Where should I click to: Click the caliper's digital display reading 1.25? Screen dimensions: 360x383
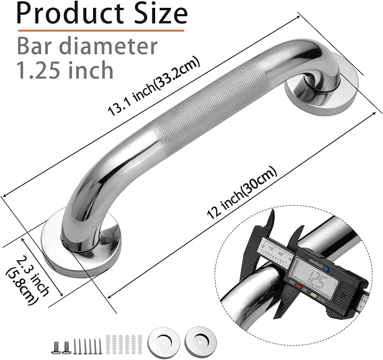pos(319,276)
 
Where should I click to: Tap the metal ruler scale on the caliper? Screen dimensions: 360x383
pos(271,247)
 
